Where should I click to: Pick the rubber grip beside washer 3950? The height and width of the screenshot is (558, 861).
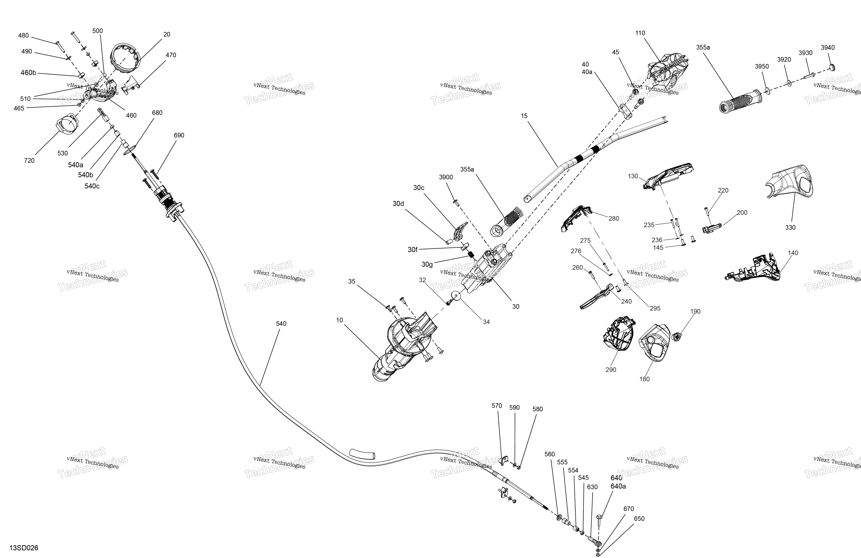[x=738, y=101]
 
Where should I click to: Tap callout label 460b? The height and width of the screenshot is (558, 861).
[x=28, y=73]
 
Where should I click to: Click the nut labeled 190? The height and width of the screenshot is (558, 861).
[x=675, y=337]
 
